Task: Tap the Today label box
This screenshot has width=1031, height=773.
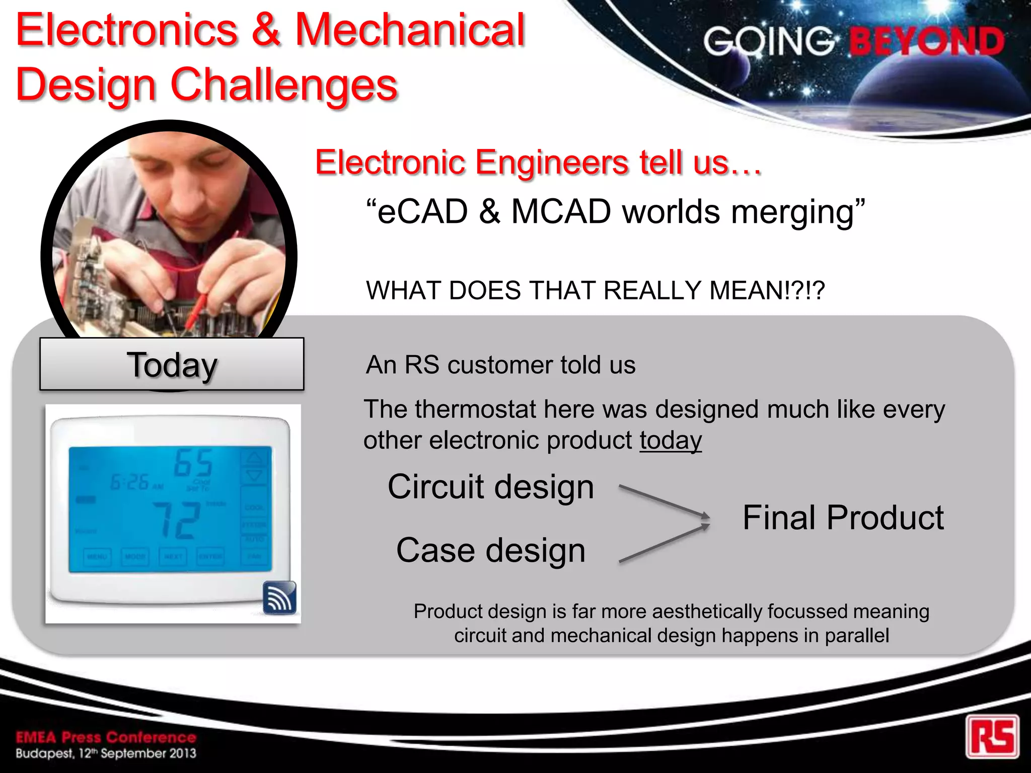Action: click(x=172, y=364)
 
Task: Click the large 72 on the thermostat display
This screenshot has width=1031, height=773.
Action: click(x=176, y=520)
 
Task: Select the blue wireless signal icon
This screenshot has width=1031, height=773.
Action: click(x=280, y=598)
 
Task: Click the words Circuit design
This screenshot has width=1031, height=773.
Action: click(x=491, y=487)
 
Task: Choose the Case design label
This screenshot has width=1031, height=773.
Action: click(x=491, y=550)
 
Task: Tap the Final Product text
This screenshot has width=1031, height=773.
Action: click(x=843, y=518)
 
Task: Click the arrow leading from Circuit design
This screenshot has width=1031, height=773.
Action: click(x=664, y=501)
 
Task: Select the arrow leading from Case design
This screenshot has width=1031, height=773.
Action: click(x=664, y=544)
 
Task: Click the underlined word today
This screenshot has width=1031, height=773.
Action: click(x=671, y=440)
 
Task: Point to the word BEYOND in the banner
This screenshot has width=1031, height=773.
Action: click(x=926, y=41)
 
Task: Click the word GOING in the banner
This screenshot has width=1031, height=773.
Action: click(x=768, y=41)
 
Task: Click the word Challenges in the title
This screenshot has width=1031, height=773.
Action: click(x=284, y=85)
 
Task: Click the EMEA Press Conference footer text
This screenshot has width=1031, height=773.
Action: click(x=106, y=737)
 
